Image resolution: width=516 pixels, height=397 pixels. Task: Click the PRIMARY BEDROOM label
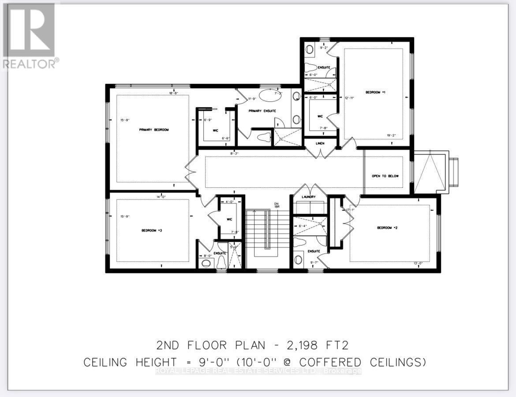click(154, 130)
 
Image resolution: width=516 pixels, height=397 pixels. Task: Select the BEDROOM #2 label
click(384, 228)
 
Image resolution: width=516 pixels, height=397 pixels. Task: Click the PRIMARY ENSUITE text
click(262, 111)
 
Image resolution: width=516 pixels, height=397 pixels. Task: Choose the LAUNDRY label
click(309, 197)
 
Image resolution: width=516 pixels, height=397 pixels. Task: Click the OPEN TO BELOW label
click(385, 176)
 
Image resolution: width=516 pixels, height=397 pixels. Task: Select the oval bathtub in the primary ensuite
click(269, 95)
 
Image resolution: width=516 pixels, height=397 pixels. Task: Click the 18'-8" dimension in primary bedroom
click(174, 93)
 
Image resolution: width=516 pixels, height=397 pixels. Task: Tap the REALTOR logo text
click(30, 63)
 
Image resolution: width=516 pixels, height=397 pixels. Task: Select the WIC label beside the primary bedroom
click(204, 130)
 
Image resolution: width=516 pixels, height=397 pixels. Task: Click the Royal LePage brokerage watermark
click(258, 371)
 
